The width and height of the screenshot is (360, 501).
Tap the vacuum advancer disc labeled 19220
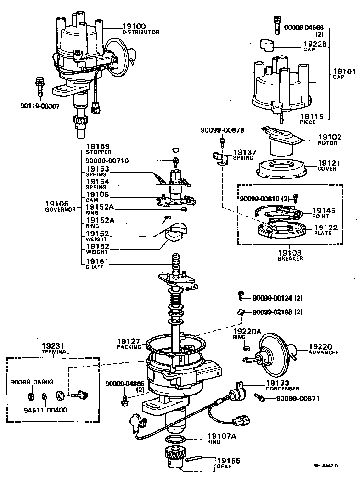(275, 353)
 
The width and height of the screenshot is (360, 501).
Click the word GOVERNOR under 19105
(60, 209)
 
